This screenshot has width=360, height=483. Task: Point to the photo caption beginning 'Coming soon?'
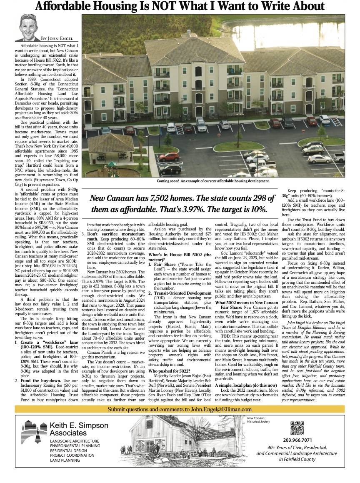click(x=213, y=181)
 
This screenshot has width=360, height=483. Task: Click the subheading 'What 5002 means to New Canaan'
click(x=246, y=314)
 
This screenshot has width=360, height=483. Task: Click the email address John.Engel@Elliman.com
click(x=221, y=409)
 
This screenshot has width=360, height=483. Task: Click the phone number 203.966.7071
click(x=297, y=440)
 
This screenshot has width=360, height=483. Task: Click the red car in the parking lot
click(x=181, y=157)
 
